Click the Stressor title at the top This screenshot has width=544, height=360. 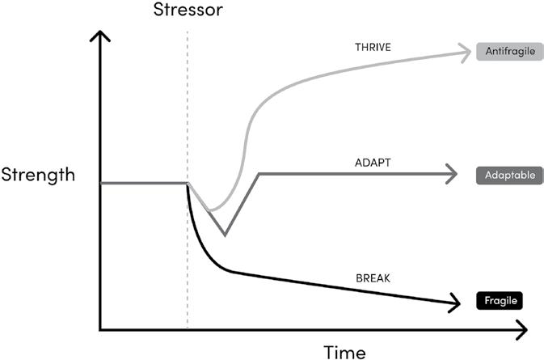(x=187, y=12)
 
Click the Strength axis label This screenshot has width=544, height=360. (x=38, y=174)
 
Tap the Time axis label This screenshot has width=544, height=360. (x=345, y=351)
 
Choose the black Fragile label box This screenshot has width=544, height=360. (x=499, y=301)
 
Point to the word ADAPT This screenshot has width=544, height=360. (x=373, y=163)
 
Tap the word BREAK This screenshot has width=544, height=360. (x=373, y=277)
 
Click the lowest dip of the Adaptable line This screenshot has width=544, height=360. (x=224, y=235)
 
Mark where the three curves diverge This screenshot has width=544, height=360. (x=188, y=184)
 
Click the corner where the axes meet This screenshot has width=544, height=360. (x=100, y=329)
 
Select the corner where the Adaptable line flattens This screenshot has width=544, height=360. (x=258, y=173)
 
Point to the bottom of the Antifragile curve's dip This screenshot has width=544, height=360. (x=210, y=210)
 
